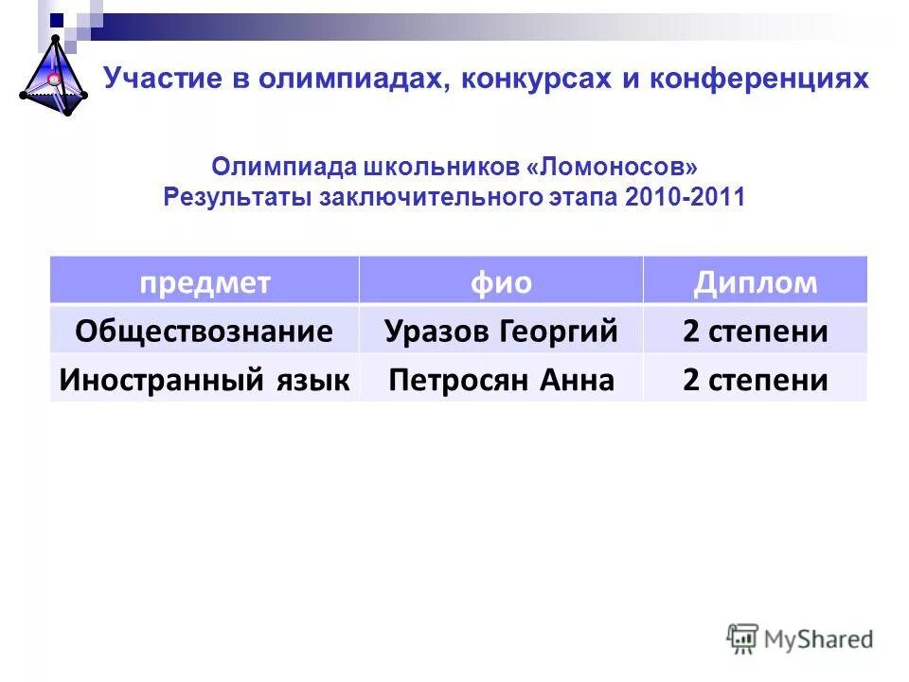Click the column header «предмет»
tap(205, 282)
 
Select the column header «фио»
tap(501, 282)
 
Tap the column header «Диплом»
tap(755, 282)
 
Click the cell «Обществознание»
tap(205, 332)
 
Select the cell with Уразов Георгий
tap(501, 332)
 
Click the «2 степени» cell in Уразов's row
tap(755, 332)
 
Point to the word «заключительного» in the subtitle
tap(439, 197)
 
